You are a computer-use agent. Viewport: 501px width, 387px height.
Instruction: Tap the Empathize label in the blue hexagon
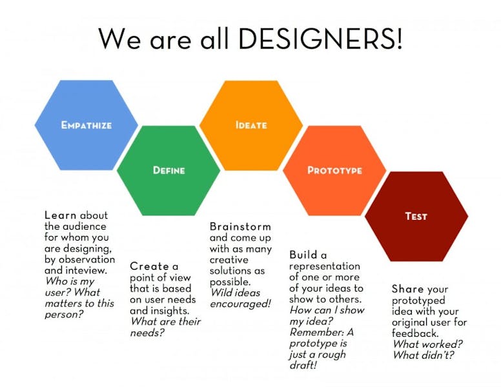[87, 124]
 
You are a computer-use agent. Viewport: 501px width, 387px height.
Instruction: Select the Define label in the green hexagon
[169, 170]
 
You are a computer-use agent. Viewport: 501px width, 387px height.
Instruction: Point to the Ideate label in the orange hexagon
[251, 124]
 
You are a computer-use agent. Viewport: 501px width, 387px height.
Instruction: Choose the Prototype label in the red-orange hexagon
[334, 170]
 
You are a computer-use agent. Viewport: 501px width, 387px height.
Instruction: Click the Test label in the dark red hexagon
[416, 216]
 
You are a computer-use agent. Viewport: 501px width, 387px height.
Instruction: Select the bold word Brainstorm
[240, 227]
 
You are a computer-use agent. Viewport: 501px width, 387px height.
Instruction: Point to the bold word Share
[407, 289]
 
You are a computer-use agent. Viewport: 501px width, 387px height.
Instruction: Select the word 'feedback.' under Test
[413, 333]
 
